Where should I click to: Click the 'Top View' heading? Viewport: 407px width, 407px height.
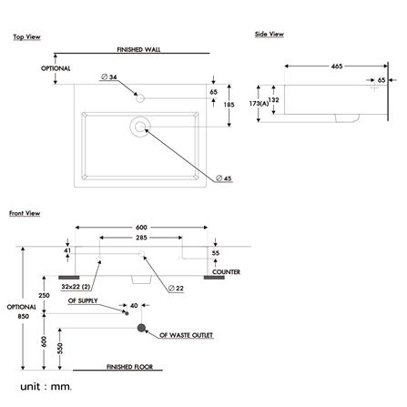pyautogui.click(x=26, y=37)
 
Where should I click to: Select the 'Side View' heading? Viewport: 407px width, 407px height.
pyautogui.click(x=270, y=34)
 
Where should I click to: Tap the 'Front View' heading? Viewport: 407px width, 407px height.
pyautogui.click(x=25, y=213)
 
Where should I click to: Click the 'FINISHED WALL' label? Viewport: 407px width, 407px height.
pyautogui.click(x=138, y=49)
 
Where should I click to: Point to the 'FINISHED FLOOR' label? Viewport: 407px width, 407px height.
pyautogui.click(x=129, y=367)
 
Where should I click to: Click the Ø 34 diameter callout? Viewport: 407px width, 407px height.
pyautogui.click(x=109, y=77)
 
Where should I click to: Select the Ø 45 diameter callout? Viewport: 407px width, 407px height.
pyautogui.click(x=224, y=178)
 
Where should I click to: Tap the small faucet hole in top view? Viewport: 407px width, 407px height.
pyautogui.click(x=140, y=98)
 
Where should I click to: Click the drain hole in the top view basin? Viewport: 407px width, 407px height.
pyautogui.click(x=140, y=127)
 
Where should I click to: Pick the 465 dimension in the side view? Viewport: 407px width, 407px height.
pyautogui.click(x=337, y=66)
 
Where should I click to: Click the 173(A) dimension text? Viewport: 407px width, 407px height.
pyautogui.click(x=259, y=104)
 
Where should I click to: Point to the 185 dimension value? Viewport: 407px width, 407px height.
pyautogui.click(x=229, y=105)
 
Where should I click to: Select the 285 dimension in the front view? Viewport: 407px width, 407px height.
pyautogui.click(x=141, y=238)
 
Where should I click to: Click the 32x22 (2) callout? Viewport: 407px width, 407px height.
pyautogui.click(x=76, y=287)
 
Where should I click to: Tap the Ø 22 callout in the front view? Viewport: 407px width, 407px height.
pyautogui.click(x=176, y=288)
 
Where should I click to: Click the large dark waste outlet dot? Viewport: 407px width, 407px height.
pyautogui.click(x=141, y=328)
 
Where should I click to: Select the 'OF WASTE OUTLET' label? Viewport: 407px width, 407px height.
pyautogui.click(x=187, y=335)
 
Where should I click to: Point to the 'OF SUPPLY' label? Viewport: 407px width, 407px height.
pyautogui.click(x=83, y=300)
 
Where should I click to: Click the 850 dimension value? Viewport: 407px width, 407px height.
pyautogui.click(x=24, y=316)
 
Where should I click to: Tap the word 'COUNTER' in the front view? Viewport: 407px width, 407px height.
pyautogui.click(x=226, y=272)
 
